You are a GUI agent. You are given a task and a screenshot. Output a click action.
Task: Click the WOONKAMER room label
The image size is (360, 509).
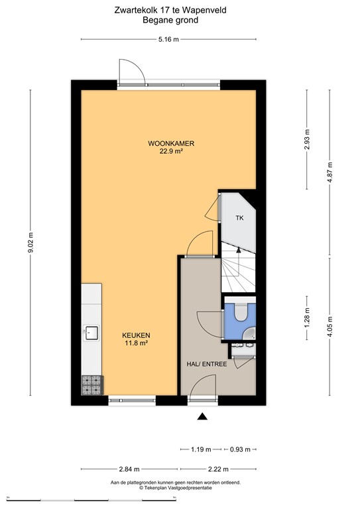tap(170, 142)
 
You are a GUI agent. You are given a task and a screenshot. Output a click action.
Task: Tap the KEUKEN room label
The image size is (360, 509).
tap(135, 335)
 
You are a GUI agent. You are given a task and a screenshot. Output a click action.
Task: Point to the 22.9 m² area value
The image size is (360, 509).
tap(170, 151)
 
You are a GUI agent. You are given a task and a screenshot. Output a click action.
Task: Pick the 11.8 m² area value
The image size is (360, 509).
tap(135, 343)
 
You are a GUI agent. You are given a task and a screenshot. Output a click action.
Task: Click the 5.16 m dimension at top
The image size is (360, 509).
tap(168, 40)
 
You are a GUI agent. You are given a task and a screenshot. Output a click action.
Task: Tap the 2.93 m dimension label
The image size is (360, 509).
tap(306, 139)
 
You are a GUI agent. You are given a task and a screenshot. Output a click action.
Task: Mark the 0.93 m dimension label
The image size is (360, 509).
tap(240, 449)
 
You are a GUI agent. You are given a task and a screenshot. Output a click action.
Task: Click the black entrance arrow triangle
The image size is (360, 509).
tap(202, 416)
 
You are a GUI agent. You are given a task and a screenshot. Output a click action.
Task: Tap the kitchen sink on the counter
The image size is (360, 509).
tap(90, 332)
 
